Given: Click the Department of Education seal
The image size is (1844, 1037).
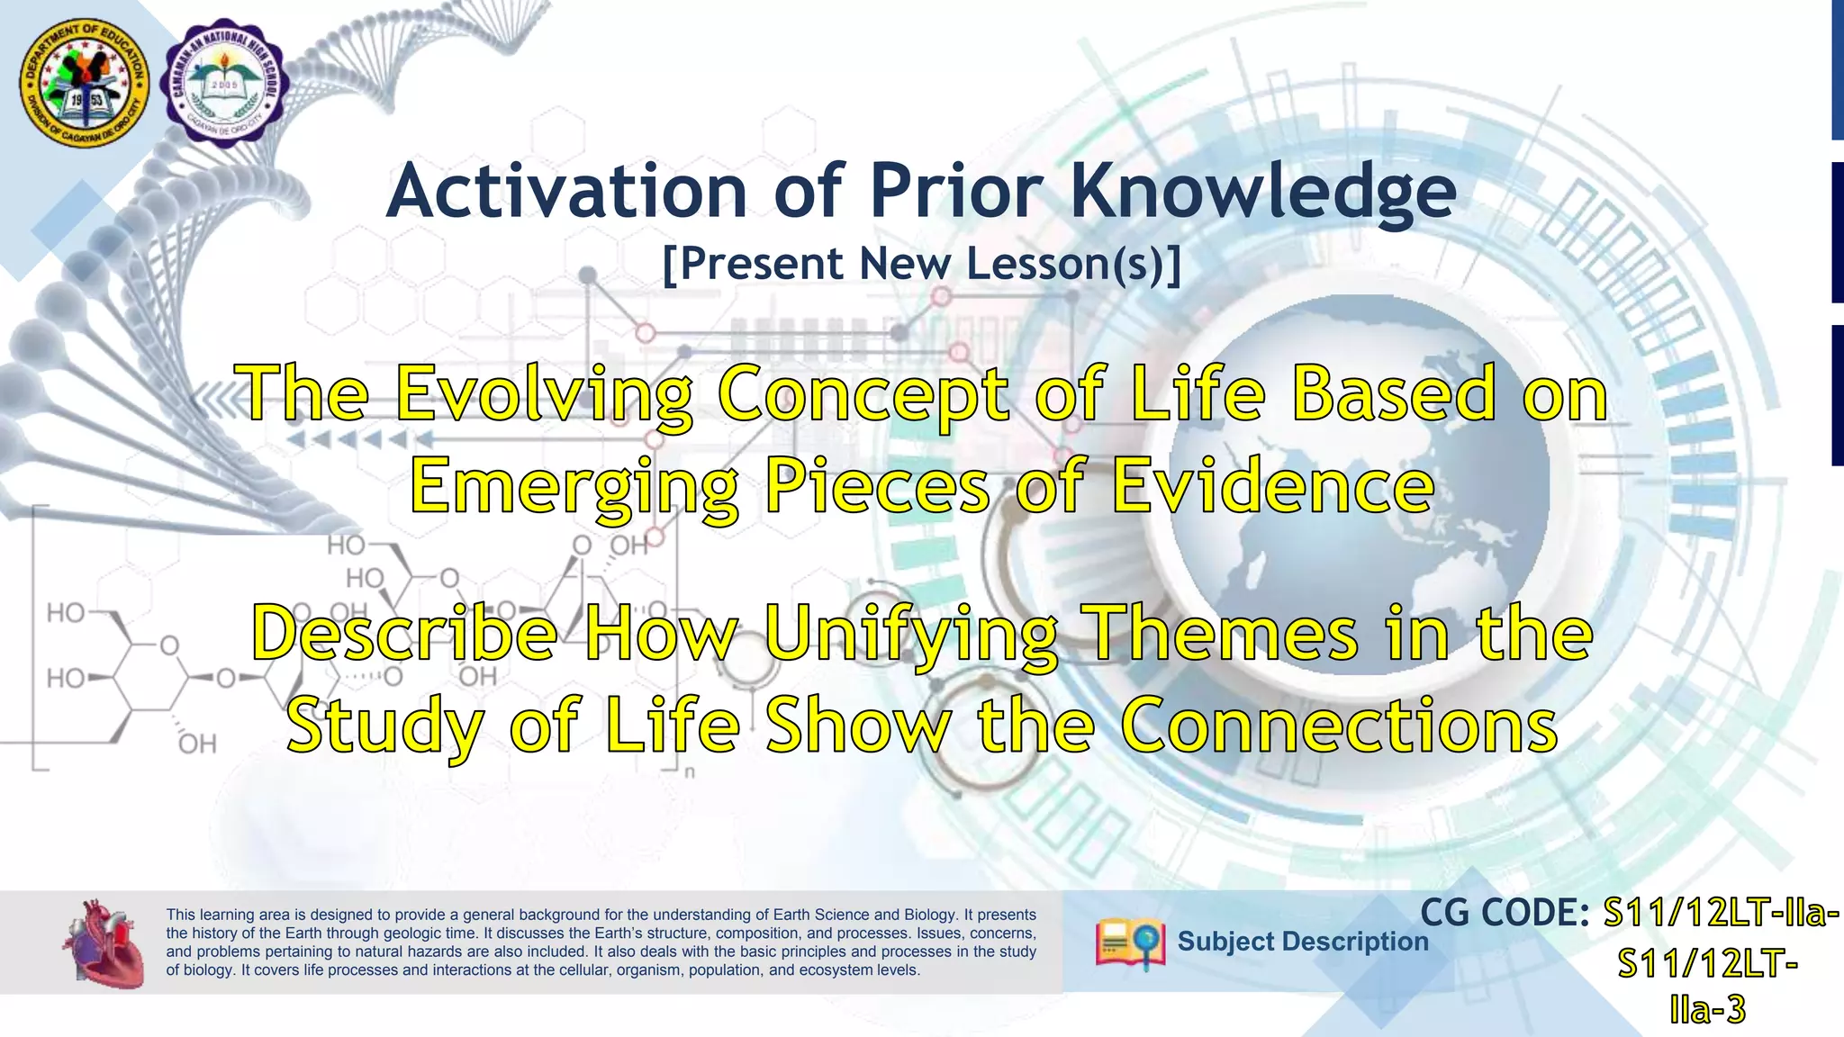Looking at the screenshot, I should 86,86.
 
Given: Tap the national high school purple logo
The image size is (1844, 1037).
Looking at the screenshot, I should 225,84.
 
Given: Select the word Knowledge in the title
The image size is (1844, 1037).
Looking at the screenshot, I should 1263,192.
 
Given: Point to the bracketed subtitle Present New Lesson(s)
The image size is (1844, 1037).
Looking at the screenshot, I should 921,265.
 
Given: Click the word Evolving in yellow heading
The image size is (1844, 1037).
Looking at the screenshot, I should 544,394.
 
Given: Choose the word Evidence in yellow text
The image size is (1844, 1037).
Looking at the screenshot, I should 1272,485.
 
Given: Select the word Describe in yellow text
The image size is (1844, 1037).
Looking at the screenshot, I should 404,634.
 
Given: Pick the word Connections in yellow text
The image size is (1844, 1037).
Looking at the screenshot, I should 1339,725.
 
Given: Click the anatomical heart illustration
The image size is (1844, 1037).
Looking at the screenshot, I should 104,942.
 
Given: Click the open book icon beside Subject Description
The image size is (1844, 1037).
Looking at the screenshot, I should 1130,943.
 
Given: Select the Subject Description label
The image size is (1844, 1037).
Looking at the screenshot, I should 1302,942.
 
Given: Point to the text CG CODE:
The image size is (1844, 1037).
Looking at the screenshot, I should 1505,913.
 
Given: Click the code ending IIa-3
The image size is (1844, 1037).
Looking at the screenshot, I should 1707,1010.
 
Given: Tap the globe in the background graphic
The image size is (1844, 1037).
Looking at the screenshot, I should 1360,495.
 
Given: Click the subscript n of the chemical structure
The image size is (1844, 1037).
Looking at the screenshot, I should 690,771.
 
